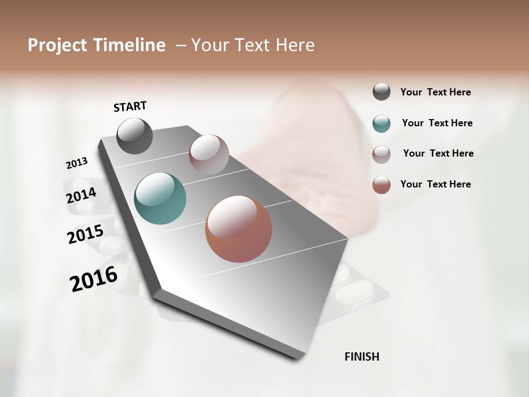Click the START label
(x=130, y=106)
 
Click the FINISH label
(x=362, y=357)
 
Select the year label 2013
(x=77, y=163)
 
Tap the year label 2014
(x=81, y=196)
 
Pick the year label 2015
(x=85, y=234)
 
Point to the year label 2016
(x=94, y=279)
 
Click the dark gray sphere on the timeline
(x=134, y=136)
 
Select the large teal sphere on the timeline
(x=160, y=198)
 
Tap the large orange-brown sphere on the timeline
(x=239, y=229)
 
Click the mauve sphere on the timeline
(x=209, y=154)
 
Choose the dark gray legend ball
(x=381, y=92)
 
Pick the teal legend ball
(x=381, y=124)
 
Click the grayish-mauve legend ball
(x=381, y=154)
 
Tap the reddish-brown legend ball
(x=381, y=185)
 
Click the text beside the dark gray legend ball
(x=435, y=93)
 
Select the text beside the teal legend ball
(x=437, y=123)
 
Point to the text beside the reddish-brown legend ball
(x=435, y=184)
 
